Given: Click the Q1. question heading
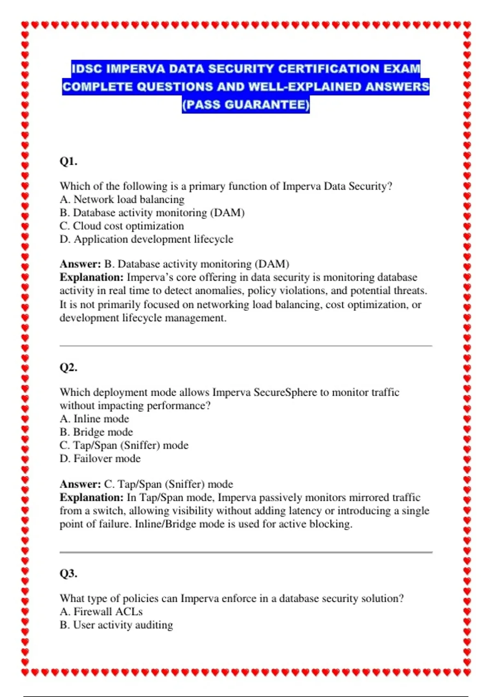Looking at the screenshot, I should point(68,161).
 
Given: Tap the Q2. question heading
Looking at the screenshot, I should point(68,367).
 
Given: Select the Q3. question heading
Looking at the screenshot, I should point(68,573).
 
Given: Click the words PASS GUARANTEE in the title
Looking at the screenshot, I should point(246,105).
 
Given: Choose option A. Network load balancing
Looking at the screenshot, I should point(122,200).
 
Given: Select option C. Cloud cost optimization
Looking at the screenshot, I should point(122,226).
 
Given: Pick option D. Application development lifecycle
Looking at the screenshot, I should point(146,239).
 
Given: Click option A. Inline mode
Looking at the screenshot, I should point(94,419).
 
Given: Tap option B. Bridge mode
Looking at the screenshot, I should point(96,432).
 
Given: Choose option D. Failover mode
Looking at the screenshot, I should point(100,458).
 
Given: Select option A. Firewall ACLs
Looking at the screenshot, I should point(101,612).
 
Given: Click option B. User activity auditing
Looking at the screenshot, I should point(116,625).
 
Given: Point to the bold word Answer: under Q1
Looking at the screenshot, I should point(80,264).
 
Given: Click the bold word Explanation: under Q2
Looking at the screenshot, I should point(91,497).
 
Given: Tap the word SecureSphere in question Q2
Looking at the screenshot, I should point(285,392).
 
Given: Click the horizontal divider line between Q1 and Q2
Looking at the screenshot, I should point(246,346).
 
